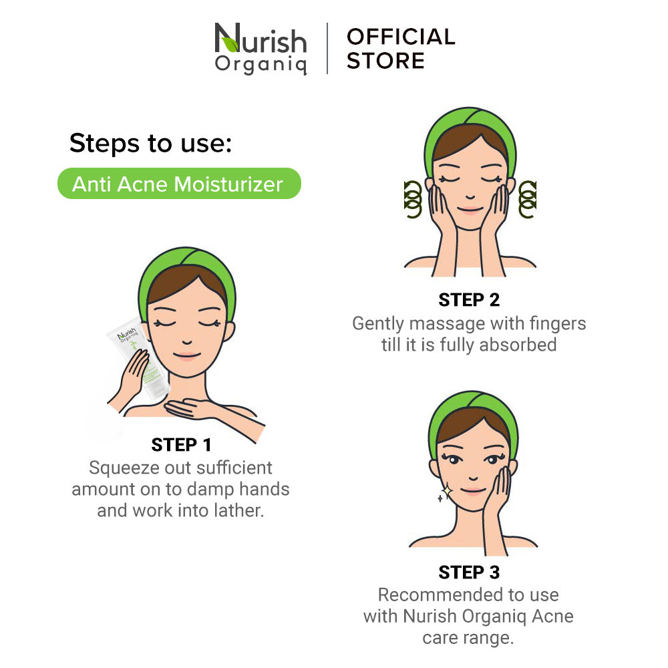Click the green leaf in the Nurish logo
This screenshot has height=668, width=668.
point(230,44)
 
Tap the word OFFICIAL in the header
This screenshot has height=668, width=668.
point(401,37)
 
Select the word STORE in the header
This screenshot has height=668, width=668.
point(385,61)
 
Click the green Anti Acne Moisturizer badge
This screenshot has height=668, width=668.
point(179,184)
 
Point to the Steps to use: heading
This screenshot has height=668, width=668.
point(150,143)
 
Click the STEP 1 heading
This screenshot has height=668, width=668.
point(181,445)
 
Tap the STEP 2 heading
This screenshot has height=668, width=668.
point(469,300)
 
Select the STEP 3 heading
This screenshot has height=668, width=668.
point(469,572)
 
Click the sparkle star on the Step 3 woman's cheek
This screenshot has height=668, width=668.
point(448,491)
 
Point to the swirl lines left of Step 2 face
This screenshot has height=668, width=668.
point(412,199)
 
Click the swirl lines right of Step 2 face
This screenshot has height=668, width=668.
point(528,199)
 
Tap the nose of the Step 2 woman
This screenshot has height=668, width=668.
point(470,196)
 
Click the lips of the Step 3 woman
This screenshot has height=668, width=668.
point(473,491)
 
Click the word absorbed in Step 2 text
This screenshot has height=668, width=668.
point(518,345)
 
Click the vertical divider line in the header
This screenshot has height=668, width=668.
point(327,49)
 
